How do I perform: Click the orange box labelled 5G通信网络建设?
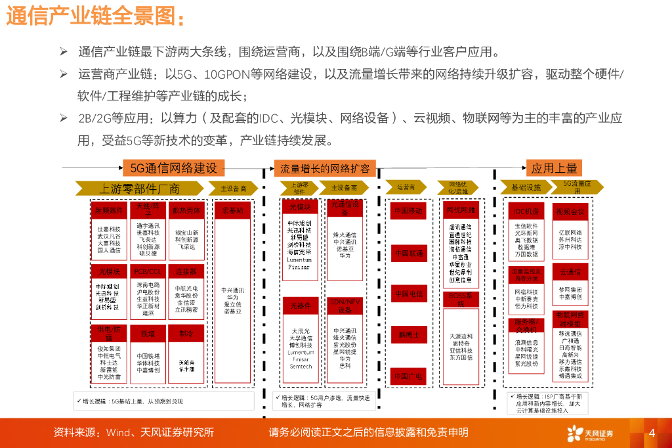tap(173, 168)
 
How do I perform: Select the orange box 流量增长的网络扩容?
tap(324, 168)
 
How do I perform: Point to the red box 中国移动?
tap(408, 211)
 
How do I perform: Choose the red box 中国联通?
tap(408, 252)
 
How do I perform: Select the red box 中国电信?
tap(408, 293)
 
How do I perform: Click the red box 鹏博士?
tap(408, 334)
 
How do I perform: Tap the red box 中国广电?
tap(408, 376)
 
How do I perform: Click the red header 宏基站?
tap(232, 210)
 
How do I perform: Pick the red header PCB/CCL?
tap(148, 271)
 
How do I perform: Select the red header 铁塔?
tap(148, 334)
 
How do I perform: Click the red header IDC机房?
tap(526, 211)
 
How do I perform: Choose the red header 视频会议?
tap(570, 211)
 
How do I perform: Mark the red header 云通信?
tap(570, 271)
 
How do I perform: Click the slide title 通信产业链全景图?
tap(95, 16)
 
